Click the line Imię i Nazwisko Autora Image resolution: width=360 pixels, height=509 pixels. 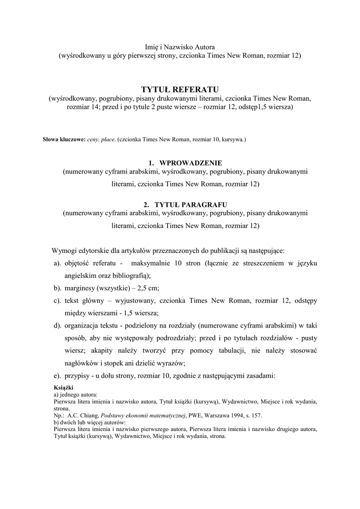[x=180, y=46]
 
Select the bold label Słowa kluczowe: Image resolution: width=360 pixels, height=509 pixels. [x=64, y=140]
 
